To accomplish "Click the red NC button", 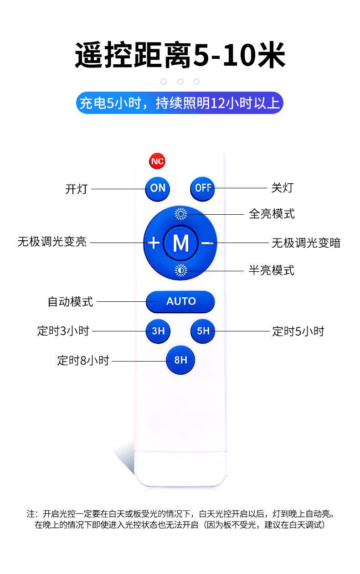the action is click(157, 161).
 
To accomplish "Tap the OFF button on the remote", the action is click(202, 187).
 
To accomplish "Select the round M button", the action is click(180, 243).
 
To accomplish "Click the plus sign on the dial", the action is click(154, 243).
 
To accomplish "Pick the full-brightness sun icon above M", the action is click(181, 214).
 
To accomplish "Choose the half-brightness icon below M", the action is click(181, 271).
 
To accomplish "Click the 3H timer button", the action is click(158, 331).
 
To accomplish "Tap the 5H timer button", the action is click(203, 331).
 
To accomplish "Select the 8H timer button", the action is click(180, 360).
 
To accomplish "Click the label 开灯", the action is click(77, 189).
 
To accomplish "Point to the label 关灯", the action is click(282, 187).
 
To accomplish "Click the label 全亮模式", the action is click(272, 213).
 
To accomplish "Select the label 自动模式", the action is click(71, 301).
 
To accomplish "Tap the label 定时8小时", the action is click(83, 361).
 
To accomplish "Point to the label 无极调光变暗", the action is click(306, 243).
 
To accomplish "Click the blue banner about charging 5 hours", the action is click(180, 103).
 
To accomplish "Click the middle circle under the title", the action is click(180, 82).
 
